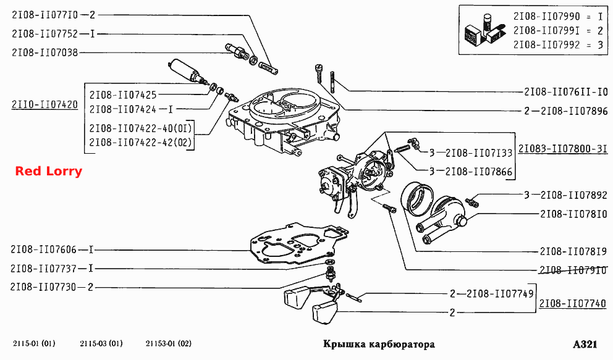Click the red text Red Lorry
(48, 171)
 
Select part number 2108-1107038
(45, 52)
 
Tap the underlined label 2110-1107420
(45, 104)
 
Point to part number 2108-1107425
(123, 95)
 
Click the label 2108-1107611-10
(566, 92)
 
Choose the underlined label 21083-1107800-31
(563, 149)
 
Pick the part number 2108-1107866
(479, 172)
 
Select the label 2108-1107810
(573, 214)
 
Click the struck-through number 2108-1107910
(573, 270)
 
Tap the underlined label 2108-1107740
(573, 303)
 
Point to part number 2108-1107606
(43, 249)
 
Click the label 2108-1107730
(43, 287)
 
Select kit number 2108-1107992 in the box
(546, 45)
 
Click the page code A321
(585, 345)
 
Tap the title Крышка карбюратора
(379, 345)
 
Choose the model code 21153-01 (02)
(169, 343)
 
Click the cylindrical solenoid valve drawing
(187, 71)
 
